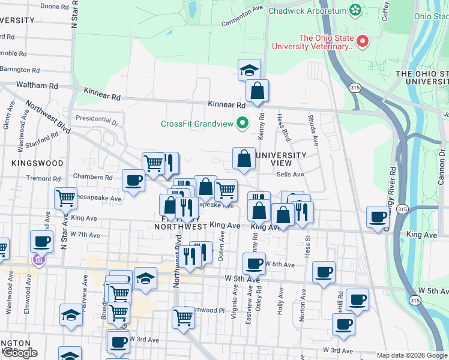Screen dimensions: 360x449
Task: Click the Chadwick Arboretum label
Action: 307,11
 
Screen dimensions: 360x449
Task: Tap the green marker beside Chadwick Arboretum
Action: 356,10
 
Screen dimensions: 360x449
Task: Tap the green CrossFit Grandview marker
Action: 243,124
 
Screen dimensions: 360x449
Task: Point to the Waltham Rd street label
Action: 37,85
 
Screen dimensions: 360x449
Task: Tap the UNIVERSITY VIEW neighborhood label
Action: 281,160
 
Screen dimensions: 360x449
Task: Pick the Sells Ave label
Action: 291,174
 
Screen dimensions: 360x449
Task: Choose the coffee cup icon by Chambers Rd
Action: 133,180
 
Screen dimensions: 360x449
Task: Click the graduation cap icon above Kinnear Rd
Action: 249,70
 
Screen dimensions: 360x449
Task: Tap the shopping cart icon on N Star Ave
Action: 65,198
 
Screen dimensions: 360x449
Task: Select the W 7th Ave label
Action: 85,235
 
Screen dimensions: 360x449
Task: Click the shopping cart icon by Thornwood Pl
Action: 183,317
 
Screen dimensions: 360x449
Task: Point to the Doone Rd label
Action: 53,6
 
